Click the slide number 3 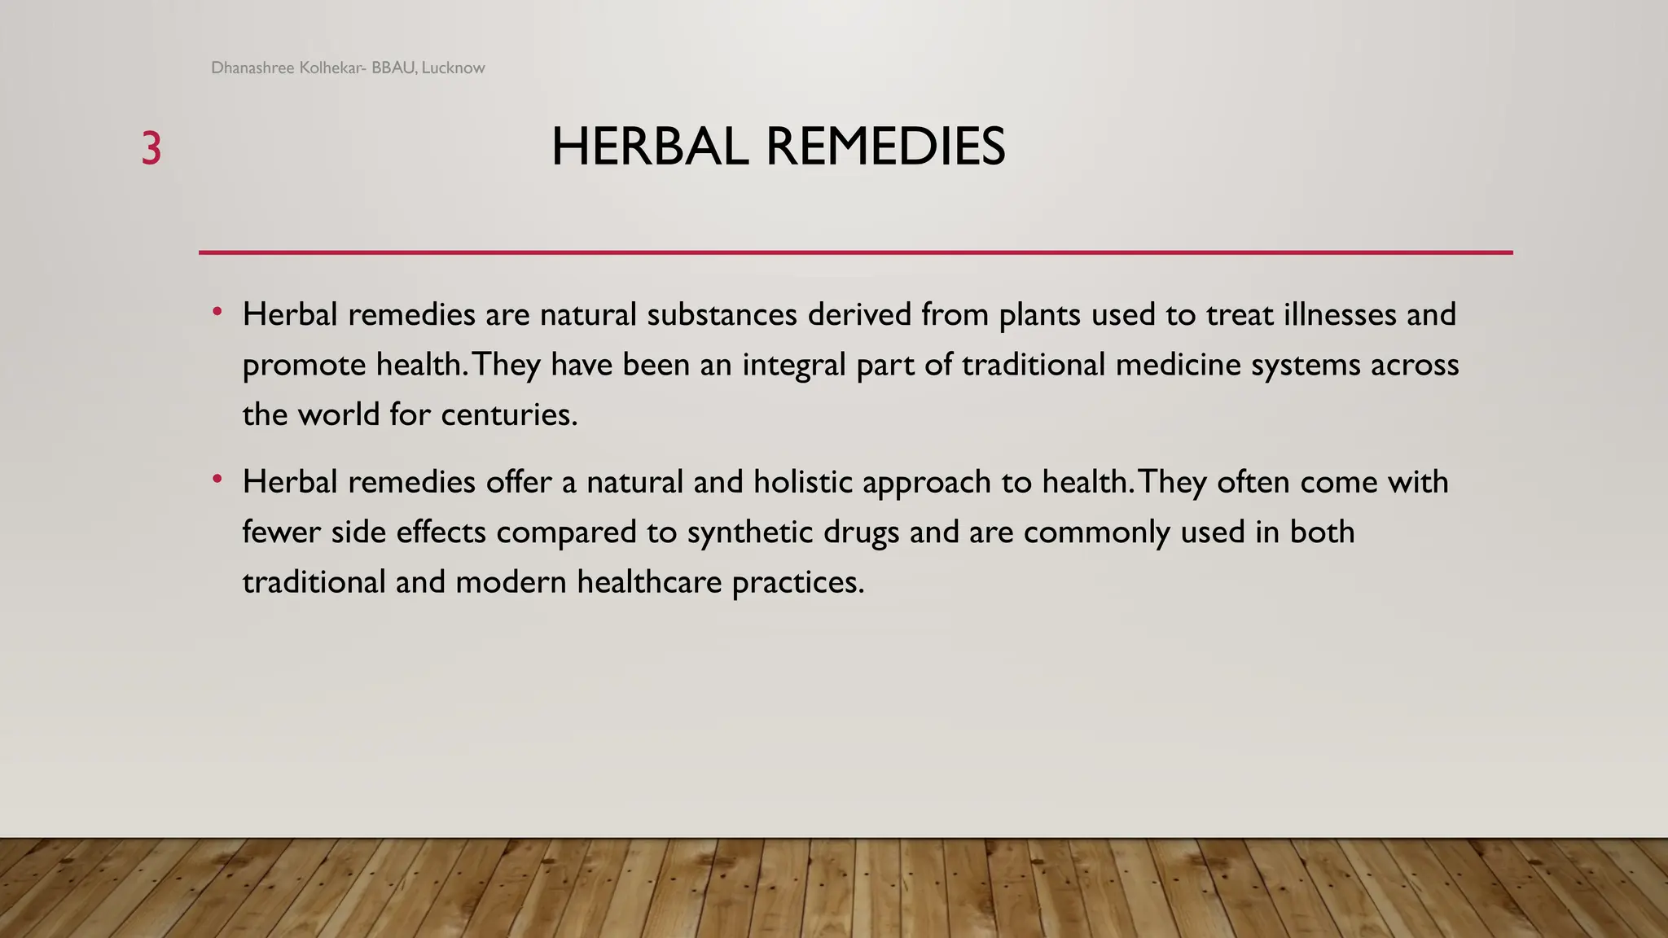click(151, 149)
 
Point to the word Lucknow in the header click(453, 68)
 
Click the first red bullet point click(217, 312)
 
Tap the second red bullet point click(217, 480)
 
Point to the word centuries click(508, 415)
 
